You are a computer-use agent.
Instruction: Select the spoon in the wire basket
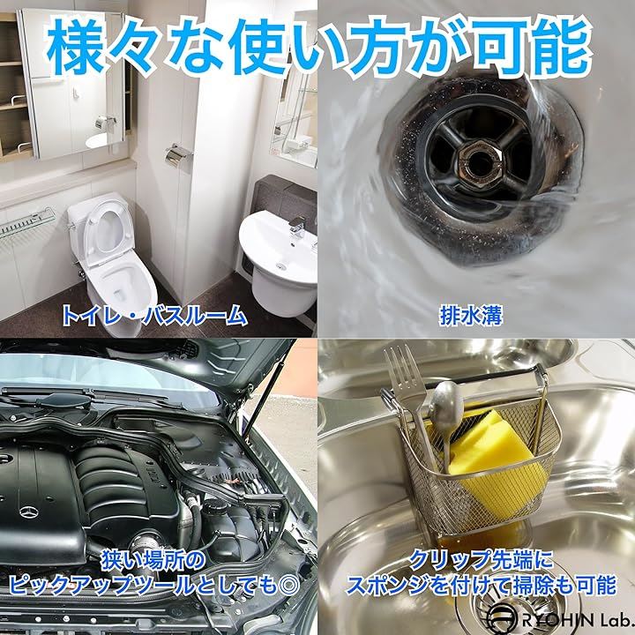click(446, 417)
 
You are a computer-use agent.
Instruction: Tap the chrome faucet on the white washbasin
click(298, 228)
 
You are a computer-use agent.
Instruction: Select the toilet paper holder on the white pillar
click(177, 154)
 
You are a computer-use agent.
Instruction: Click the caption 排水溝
click(471, 316)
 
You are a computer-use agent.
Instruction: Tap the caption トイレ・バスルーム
click(153, 316)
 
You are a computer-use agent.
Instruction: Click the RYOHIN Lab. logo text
click(575, 620)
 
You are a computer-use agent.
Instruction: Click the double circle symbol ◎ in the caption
click(287, 585)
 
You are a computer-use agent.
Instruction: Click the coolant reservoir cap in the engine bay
click(214, 504)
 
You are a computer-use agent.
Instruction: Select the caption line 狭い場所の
click(153, 561)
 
